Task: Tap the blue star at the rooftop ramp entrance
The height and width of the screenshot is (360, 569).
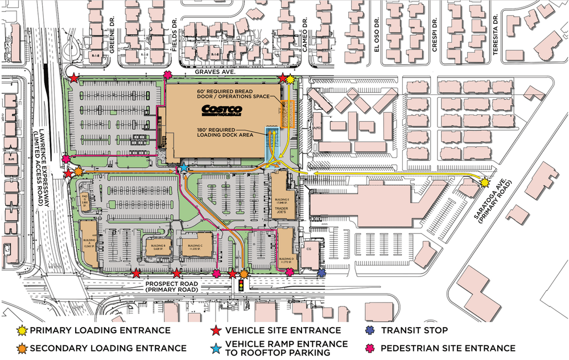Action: coord(184,168)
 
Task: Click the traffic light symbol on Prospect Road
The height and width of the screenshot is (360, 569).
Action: coord(242,284)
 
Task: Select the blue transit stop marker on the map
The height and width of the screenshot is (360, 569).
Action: coord(321,273)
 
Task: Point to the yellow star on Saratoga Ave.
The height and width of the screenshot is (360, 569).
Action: coord(485,183)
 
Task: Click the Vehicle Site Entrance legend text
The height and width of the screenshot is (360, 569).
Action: coord(283,330)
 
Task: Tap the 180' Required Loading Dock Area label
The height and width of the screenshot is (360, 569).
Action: coord(224,134)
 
